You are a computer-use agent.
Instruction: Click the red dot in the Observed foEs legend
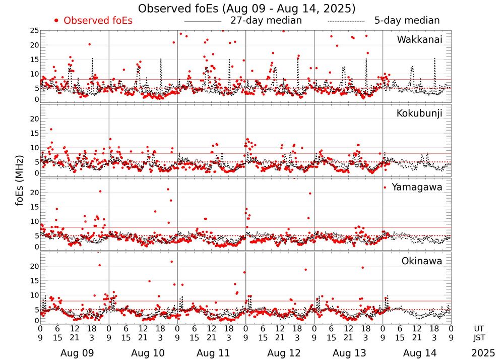point(56,21)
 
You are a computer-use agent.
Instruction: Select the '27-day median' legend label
point(266,21)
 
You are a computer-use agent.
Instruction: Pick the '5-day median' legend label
point(407,21)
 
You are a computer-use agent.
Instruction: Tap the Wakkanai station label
point(419,39)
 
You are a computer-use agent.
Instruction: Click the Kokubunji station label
point(419,113)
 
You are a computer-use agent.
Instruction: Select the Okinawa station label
point(422,261)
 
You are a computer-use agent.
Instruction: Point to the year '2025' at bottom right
point(483,353)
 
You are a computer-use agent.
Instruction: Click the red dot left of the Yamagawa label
point(385,187)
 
